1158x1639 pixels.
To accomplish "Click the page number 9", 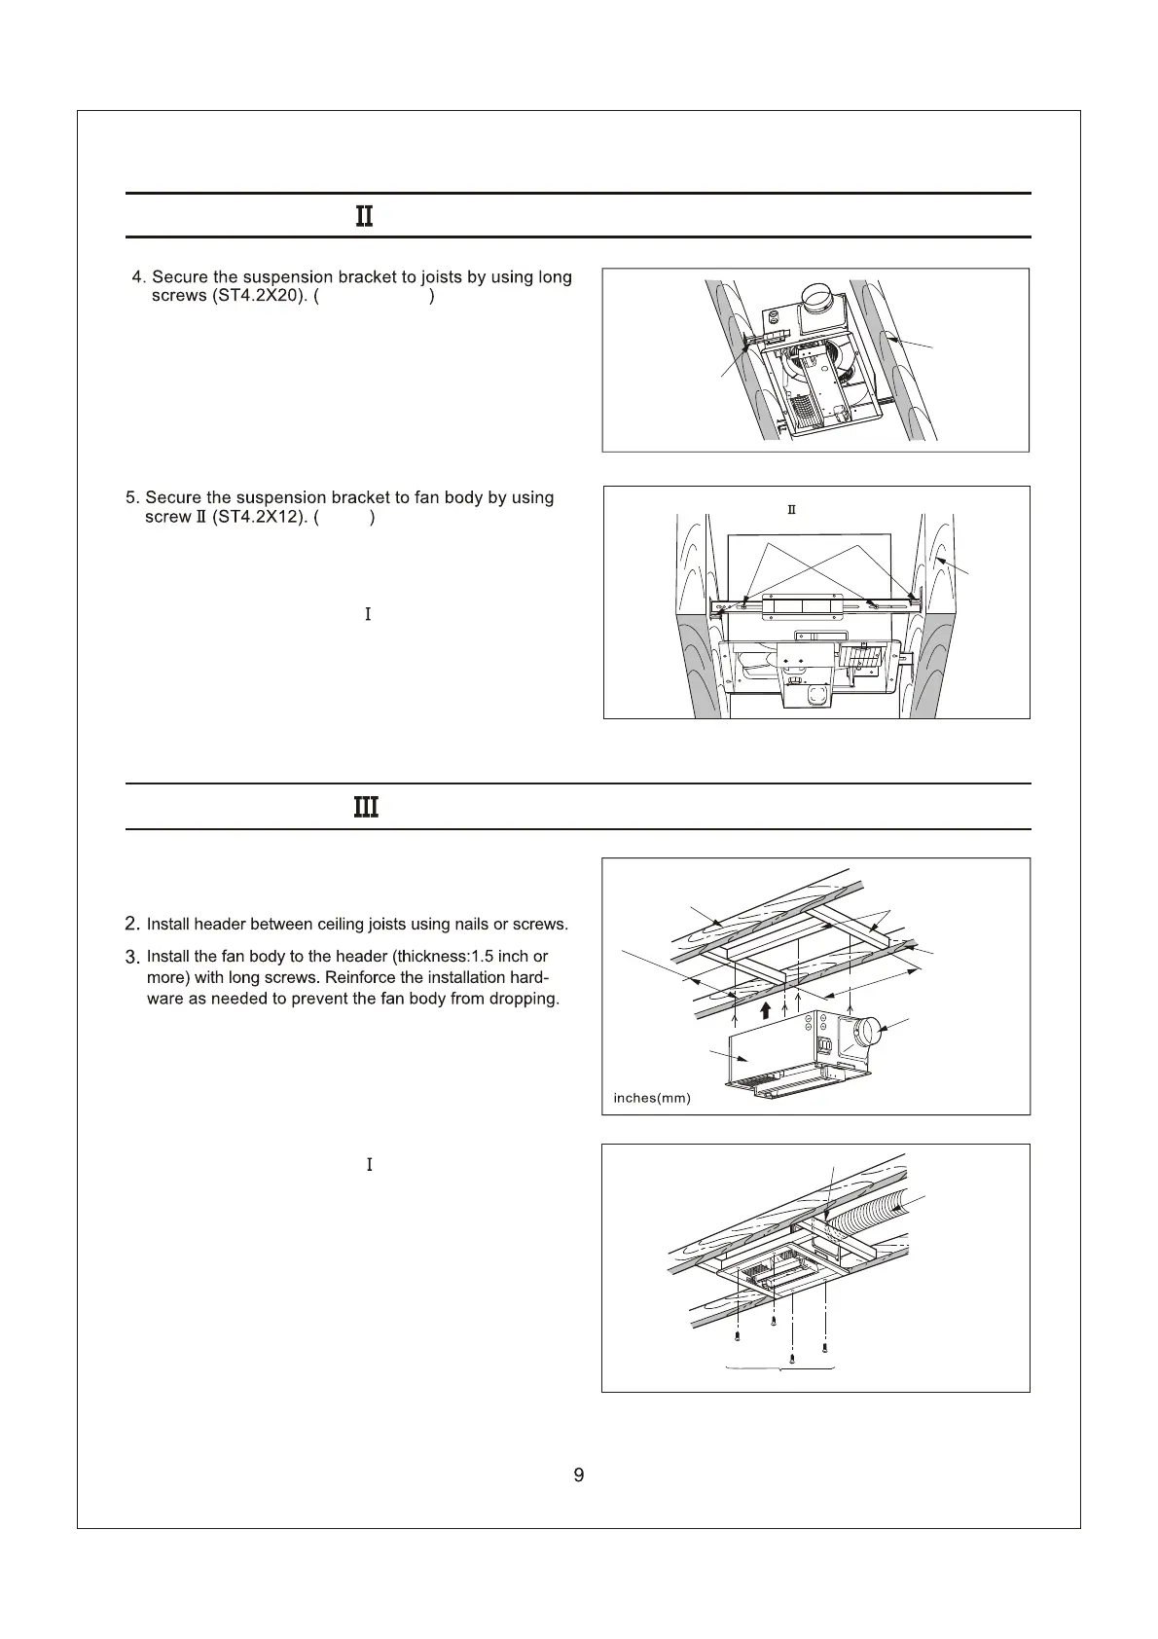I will point(579,1475).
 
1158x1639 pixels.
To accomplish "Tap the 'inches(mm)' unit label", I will point(652,1098).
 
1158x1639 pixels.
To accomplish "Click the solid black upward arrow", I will point(766,1009).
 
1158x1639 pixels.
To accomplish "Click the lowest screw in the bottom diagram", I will point(793,1358).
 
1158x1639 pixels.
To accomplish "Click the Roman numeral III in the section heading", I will point(365,808).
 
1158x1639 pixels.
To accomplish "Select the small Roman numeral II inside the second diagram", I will point(791,511).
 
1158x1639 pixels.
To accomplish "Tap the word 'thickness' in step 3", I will point(427,957).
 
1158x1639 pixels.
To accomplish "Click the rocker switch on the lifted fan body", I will point(823,1046).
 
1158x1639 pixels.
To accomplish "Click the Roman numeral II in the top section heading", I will point(364,216).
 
